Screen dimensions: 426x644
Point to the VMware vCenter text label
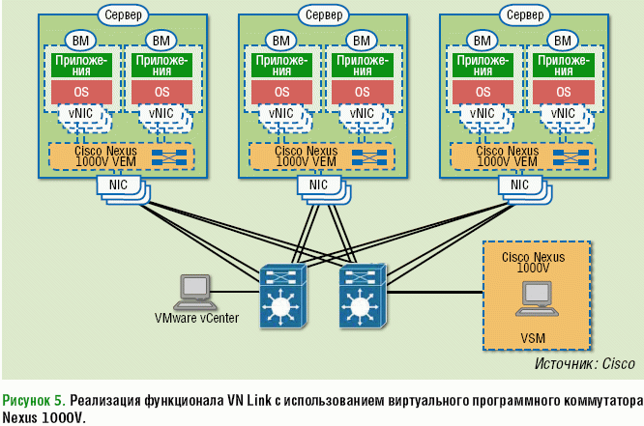pos(196,318)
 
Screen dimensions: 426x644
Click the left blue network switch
pos(281,297)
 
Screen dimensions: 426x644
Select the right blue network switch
pos(363,297)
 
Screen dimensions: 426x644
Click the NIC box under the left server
pos(117,185)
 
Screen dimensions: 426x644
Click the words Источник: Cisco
pos(584,364)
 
